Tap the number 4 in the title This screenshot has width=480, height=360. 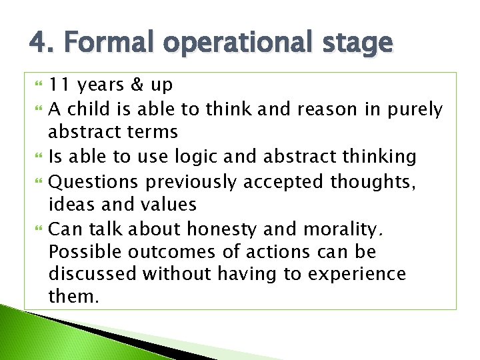click(x=37, y=43)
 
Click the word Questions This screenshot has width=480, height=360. click(x=95, y=181)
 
